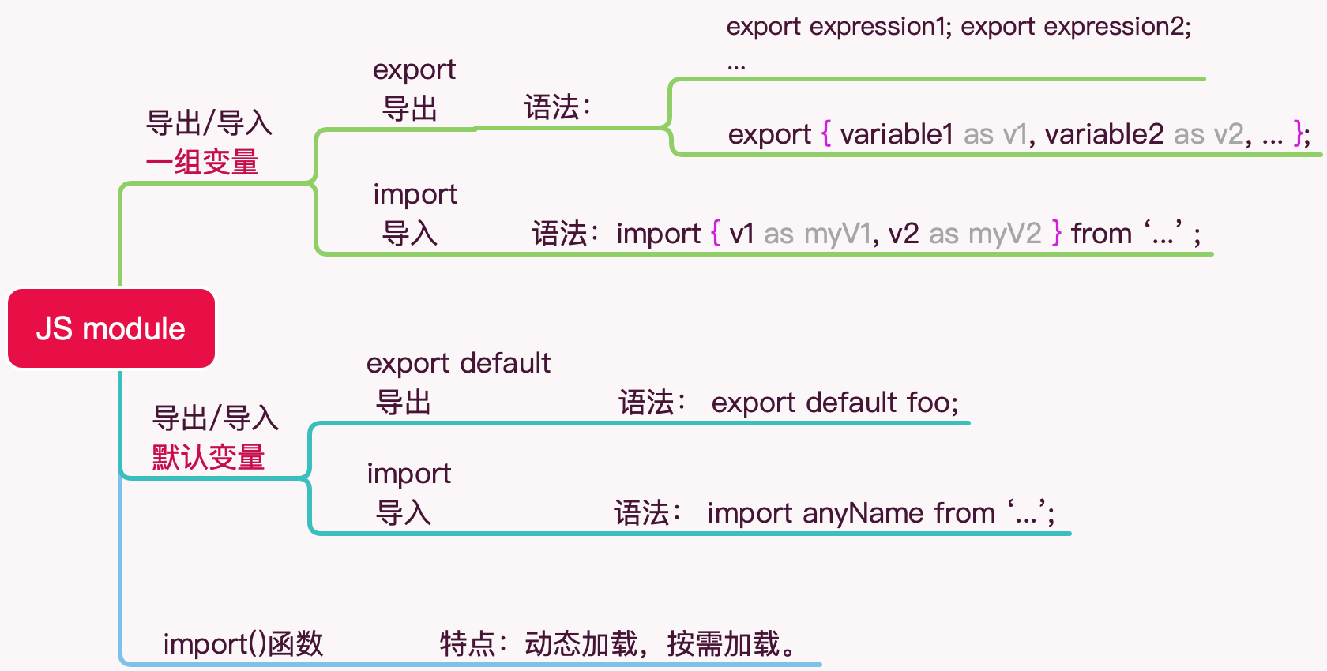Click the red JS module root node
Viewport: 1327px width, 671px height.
coord(111,328)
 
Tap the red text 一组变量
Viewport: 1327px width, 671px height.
coord(202,163)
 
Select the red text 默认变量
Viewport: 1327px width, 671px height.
coord(209,457)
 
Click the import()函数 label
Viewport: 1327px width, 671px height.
coord(243,644)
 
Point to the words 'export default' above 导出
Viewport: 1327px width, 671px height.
coord(458,363)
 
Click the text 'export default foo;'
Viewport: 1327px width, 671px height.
coord(834,403)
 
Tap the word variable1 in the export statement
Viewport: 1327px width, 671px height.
coord(897,134)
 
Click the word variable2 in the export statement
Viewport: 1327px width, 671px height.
coord(1104,134)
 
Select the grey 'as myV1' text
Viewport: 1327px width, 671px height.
coord(817,234)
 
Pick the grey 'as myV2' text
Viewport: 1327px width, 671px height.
coord(985,234)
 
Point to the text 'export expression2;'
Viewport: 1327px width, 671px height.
coord(1076,27)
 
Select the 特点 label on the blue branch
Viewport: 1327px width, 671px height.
coord(467,644)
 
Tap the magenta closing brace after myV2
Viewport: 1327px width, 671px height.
coord(1057,233)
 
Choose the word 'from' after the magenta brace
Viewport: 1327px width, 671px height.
coord(1101,234)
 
